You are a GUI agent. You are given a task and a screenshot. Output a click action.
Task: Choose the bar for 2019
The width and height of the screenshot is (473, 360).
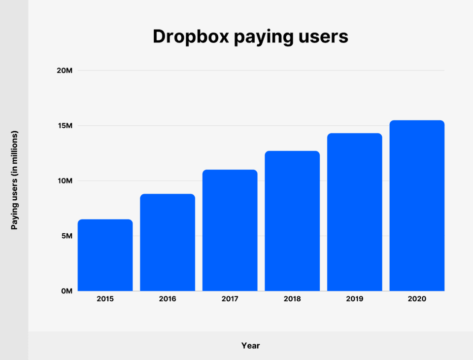click(354, 212)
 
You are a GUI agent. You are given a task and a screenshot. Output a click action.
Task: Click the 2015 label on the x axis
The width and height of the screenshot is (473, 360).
click(105, 299)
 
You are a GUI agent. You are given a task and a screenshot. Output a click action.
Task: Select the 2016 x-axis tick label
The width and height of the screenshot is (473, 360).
click(168, 299)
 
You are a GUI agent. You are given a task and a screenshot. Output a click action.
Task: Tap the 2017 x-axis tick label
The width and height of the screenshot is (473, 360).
click(230, 299)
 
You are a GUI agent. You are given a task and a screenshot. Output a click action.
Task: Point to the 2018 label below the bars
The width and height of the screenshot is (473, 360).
click(292, 299)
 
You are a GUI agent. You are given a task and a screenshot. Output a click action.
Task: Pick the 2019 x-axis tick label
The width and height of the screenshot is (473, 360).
click(354, 299)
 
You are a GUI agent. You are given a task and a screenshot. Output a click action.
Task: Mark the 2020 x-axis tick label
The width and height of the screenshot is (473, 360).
click(417, 299)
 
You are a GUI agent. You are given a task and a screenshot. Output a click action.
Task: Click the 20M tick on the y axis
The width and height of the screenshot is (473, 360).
click(65, 71)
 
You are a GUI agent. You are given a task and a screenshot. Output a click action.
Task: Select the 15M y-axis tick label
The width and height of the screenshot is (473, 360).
click(65, 126)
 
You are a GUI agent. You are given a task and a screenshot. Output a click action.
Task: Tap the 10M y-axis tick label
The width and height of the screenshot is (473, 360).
click(65, 180)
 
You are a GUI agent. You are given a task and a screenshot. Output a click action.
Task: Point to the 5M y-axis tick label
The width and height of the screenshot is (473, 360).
click(67, 236)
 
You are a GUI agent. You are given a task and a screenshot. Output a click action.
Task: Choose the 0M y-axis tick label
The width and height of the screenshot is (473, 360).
click(67, 291)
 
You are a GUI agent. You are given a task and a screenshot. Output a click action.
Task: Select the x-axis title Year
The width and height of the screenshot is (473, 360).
click(250, 346)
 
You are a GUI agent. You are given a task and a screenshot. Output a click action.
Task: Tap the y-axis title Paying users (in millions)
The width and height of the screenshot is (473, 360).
click(15, 180)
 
